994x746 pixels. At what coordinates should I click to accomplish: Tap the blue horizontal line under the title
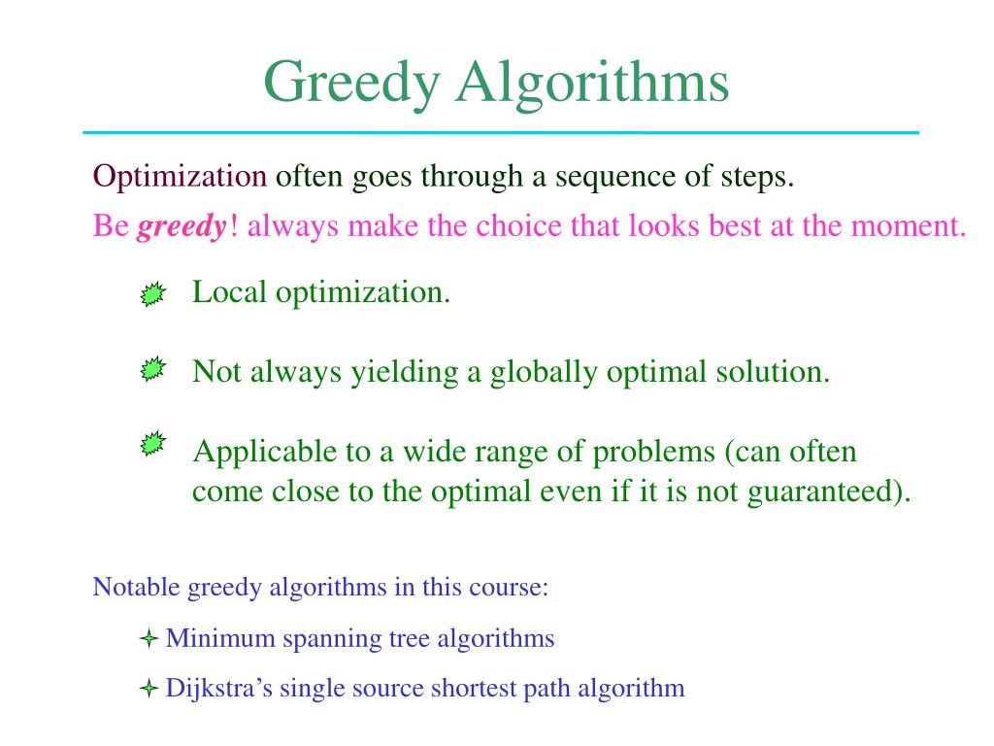tap(501, 132)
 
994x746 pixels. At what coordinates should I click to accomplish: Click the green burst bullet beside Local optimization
tap(152, 294)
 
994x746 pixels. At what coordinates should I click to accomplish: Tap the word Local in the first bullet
tap(229, 291)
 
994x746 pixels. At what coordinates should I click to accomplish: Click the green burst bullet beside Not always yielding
tap(152, 368)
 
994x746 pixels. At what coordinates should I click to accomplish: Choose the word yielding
tap(405, 373)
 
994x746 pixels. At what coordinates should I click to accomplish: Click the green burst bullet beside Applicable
tap(152, 443)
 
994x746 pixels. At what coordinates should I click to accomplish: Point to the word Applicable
tap(265, 453)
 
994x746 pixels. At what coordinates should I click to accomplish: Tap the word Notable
tap(136, 587)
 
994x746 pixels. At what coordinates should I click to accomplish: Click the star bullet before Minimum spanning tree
tap(149, 638)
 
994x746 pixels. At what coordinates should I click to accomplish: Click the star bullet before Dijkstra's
tap(149, 688)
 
